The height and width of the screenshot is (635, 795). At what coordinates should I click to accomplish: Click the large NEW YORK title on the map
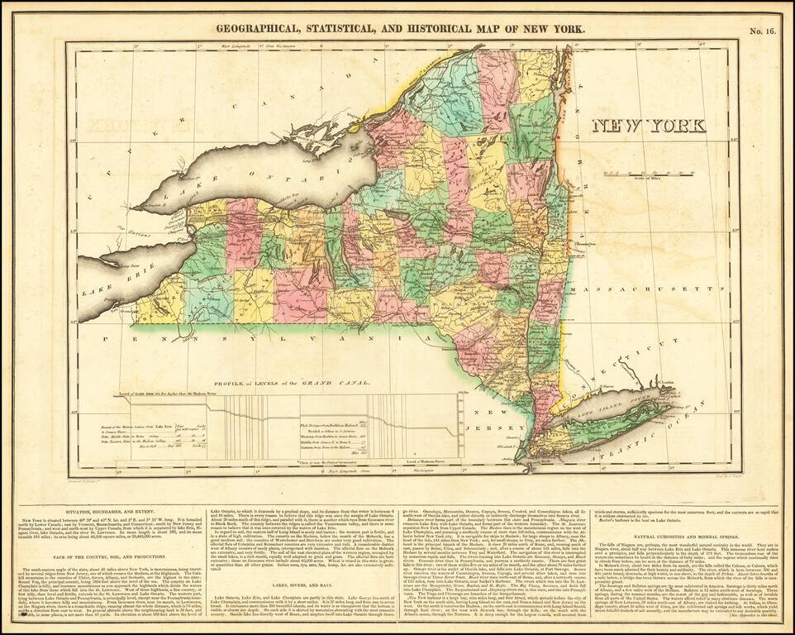[x=648, y=126]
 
